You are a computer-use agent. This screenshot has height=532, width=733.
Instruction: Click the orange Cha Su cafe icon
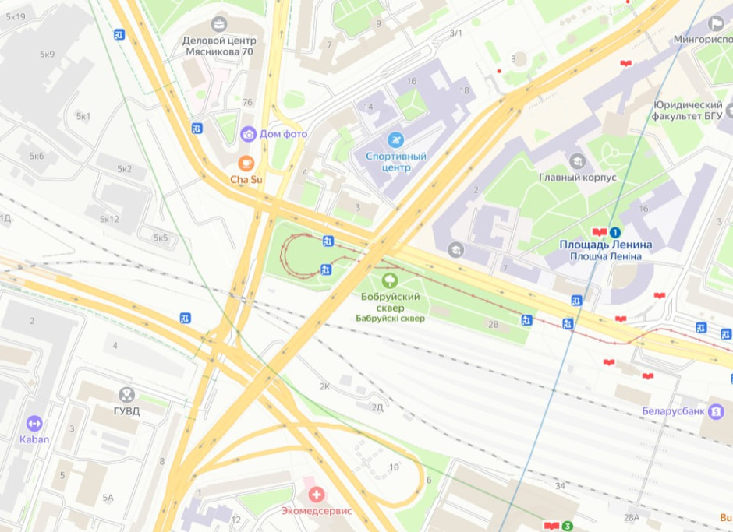coord(246,163)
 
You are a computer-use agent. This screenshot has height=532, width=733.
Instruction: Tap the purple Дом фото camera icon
coord(248,134)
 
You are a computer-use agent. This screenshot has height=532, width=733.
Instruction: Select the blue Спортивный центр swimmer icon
coord(396,139)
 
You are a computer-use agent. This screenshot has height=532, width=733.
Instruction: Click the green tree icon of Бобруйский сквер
coord(388,280)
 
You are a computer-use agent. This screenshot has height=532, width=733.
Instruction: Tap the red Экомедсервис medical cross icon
coord(316,494)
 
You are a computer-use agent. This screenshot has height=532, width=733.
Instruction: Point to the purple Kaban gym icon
coord(34,423)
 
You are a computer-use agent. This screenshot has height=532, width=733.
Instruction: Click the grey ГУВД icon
coord(126,395)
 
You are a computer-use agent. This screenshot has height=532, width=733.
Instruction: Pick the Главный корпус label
coord(577,178)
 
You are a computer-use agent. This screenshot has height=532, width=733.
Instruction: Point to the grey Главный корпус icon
coord(577,161)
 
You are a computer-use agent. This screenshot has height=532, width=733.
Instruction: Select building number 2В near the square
coord(492,323)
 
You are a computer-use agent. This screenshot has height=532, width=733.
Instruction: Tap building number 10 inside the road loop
coord(394,467)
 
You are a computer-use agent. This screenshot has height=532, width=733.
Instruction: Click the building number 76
coord(248,103)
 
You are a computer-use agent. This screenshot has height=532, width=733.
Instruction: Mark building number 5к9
coord(46,55)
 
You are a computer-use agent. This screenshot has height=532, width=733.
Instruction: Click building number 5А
coord(108,497)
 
